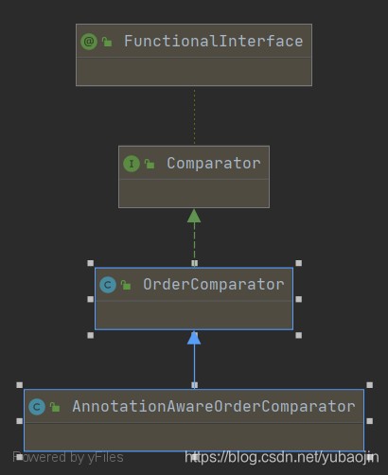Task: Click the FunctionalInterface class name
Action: pos(213,42)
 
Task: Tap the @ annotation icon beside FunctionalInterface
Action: pos(89,42)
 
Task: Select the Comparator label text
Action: pos(214,164)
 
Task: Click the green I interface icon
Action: pos(132,164)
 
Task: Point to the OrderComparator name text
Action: pos(214,285)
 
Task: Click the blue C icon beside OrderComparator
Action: pos(108,285)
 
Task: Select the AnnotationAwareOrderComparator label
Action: pos(214,406)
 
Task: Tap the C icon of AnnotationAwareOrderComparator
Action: pos(37,407)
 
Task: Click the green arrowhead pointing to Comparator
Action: pos(194,216)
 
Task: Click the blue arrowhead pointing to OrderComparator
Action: pos(194,338)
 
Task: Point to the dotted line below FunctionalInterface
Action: pos(194,115)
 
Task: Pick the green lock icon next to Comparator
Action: pos(150,164)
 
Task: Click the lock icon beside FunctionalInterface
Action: pos(107,42)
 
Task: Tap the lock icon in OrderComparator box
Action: pos(126,285)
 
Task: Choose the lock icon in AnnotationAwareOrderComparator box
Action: pos(55,407)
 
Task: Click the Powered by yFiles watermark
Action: pos(68,457)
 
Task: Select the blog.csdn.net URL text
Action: pos(282,457)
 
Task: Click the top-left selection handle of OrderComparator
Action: pos(91,263)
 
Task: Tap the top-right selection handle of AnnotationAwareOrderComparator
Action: pos(370,385)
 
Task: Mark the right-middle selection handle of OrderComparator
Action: pos(299,299)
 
